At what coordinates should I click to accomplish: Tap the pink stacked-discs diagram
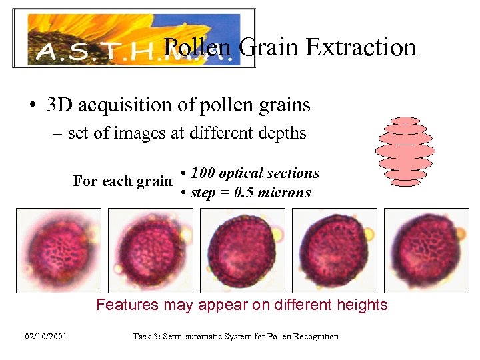tap(405, 151)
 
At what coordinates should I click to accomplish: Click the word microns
tap(285, 193)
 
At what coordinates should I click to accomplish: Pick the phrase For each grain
tap(122, 181)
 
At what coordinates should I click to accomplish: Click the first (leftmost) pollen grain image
tap(59, 250)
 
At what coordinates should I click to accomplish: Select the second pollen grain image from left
tap(151, 250)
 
